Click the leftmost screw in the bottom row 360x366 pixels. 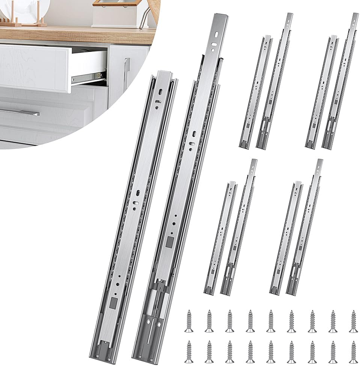(188, 351)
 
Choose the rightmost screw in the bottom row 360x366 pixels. (352, 351)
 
